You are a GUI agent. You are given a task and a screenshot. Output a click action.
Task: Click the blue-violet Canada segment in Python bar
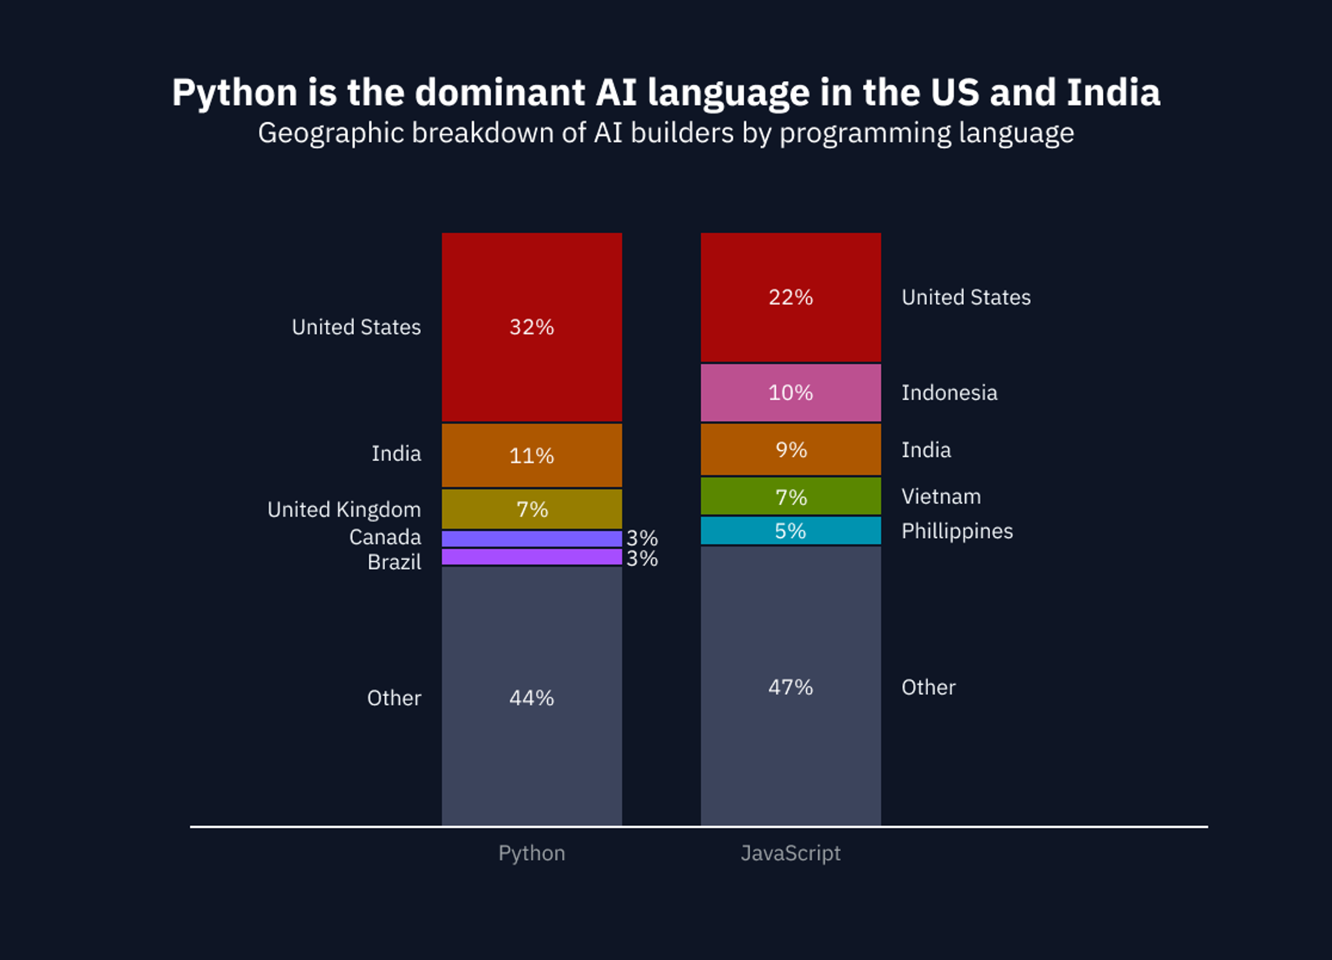pyautogui.click(x=531, y=538)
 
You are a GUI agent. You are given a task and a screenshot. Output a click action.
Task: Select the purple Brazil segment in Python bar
pyautogui.click(x=531, y=557)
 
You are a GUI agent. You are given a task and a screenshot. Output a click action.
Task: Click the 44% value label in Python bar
pyautogui.click(x=531, y=697)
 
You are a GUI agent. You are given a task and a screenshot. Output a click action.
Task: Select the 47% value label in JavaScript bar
pyautogui.click(x=790, y=687)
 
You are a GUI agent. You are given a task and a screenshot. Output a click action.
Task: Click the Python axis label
pyautogui.click(x=531, y=853)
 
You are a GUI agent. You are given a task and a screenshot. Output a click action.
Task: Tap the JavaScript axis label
pyautogui.click(x=790, y=853)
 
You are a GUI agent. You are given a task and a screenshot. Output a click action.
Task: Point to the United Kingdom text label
pyautogui.click(x=344, y=510)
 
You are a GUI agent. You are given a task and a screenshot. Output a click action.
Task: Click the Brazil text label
pyautogui.click(x=394, y=562)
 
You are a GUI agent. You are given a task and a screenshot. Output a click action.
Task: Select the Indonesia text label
pyautogui.click(x=949, y=393)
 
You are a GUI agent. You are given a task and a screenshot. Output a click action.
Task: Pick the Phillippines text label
pyautogui.click(x=957, y=531)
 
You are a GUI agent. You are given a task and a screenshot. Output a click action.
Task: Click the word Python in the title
pyautogui.click(x=235, y=93)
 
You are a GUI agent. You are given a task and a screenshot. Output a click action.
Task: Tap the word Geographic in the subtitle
pyautogui.click(x=331, y=134)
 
